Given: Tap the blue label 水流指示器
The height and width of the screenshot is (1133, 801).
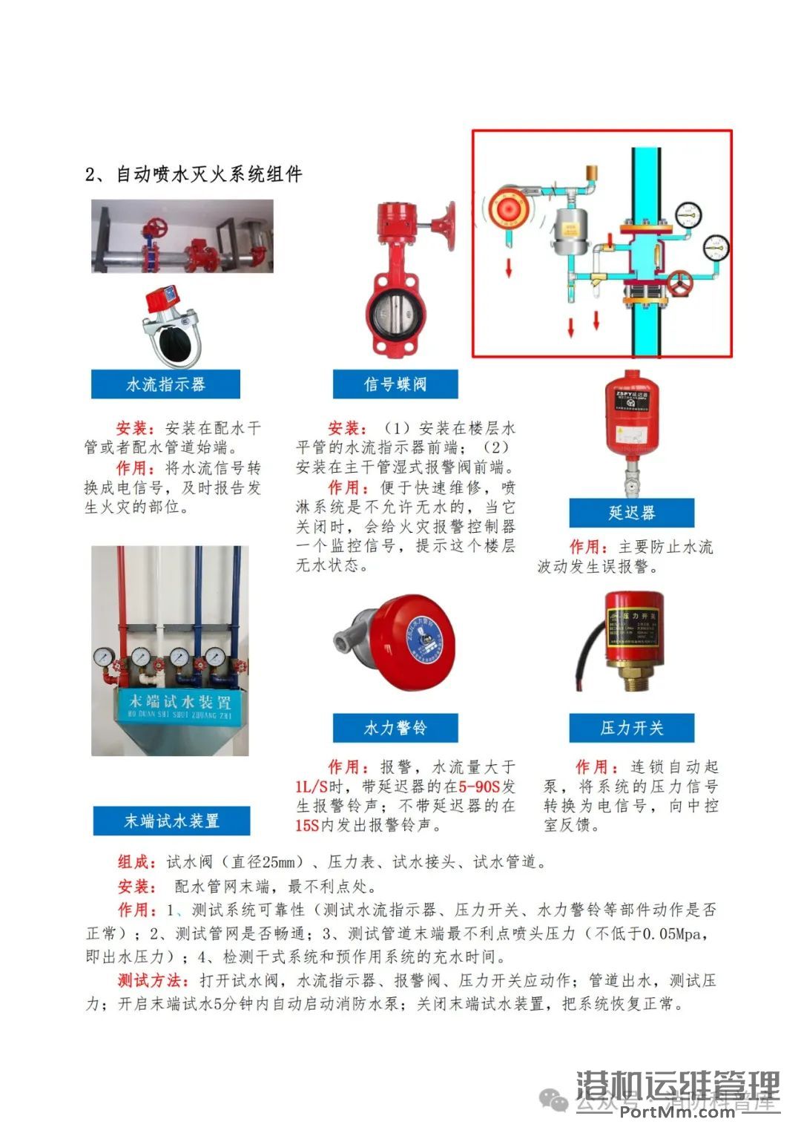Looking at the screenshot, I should (165, 384).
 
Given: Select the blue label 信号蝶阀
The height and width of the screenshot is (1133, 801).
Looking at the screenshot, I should (395, 384).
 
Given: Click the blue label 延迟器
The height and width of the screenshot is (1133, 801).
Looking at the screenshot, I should (631, 513).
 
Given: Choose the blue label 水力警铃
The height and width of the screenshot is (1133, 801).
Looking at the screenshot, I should (395, 728).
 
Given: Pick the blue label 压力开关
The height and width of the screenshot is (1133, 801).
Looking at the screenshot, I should (631, 728).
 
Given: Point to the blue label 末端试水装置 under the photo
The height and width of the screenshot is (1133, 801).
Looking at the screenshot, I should (171, 821).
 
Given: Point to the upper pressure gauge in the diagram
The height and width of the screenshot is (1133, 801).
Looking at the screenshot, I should (689, 214).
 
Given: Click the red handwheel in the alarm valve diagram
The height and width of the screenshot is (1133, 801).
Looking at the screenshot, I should (680, 283).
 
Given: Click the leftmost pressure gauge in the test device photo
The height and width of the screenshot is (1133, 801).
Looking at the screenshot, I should (104, 657).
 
